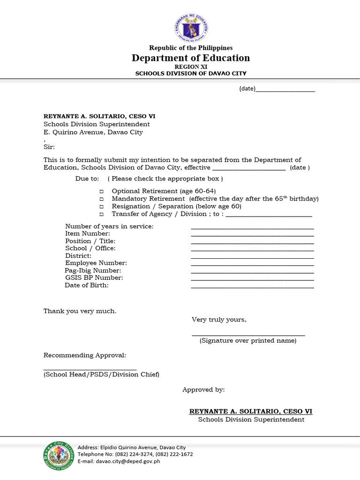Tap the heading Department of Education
(x=191, y=58)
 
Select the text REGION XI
(x=190, y=67)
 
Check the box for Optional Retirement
(x=101, y=192)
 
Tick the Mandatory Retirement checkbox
(x=101, y=199)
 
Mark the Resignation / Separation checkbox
(x=101, y=207)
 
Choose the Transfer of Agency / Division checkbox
(x=101, y=214)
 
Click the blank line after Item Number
(x=252, y=235)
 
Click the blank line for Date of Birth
(x=252, y=287)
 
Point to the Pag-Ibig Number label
(x=93, y=270)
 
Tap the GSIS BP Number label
(x=94, y=278)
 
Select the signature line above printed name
(x=248, y=335)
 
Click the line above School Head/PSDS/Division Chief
(x=90, y=369)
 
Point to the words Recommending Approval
(x=85, y=355)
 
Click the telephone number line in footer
(x=135, y=454)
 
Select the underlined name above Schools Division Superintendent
(x=251, y=411)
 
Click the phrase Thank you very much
(x=80, y=311)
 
